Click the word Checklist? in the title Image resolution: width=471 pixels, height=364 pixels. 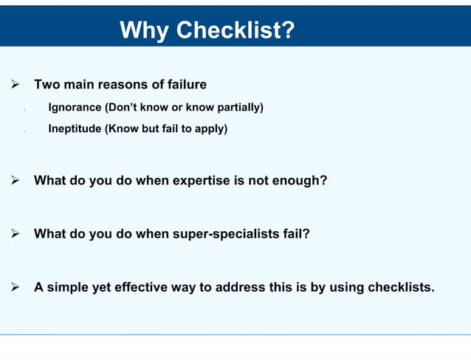point(235,30)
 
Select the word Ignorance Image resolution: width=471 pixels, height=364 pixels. point(75,108)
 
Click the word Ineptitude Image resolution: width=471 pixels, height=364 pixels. point(75,129)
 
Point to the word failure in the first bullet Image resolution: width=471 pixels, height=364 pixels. point(185,85)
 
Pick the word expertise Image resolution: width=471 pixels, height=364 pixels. point(200,180)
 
